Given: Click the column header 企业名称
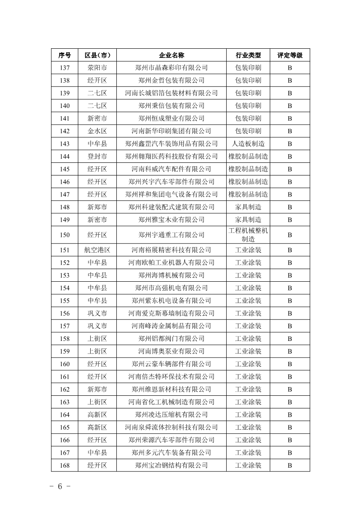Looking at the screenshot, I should [x=171, y=55].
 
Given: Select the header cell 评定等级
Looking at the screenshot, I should [x=290, y=55].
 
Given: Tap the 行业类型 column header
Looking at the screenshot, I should [x=248, y=55].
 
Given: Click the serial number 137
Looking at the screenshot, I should [x=65, y=68].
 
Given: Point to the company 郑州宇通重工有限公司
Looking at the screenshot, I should [x=171, y=235].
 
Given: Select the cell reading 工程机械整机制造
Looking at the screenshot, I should [x=248, y=235].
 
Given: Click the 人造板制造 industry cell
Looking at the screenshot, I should [x=248, y=144].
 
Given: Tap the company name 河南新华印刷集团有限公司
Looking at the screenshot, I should [x=171, y=131].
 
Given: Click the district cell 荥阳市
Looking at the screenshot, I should [x=97, y=68].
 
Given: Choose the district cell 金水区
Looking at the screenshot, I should [x=97, y=131].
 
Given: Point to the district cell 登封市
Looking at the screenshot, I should [x=97, y=156].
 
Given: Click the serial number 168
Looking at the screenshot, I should [x=65, y=465].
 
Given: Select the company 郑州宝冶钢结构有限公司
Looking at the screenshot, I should [x=171, y=465].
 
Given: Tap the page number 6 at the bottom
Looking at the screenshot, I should [x=60, y=486].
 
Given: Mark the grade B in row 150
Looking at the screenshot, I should [x=290, y=235].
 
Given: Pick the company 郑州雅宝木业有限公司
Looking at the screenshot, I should [x=171, y=220].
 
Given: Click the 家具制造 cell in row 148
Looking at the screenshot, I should [x=248, y=207].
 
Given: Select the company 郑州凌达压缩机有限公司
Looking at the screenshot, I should [x=171, y=415].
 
